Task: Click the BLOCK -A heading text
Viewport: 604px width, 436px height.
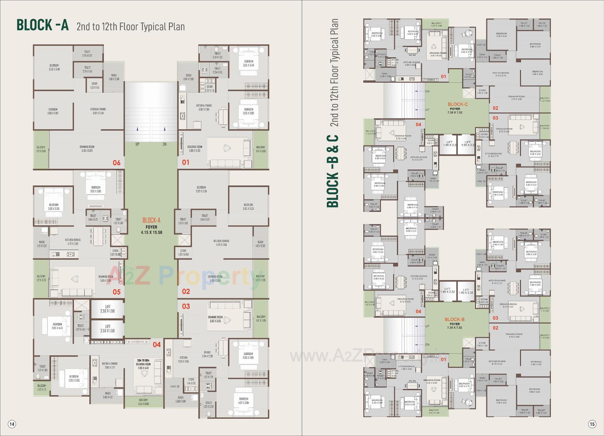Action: [42, 25]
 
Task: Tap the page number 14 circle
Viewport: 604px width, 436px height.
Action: [12, 424]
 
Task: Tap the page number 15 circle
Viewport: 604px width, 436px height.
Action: [592, 424]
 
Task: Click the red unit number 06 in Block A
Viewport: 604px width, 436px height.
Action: [116, 163]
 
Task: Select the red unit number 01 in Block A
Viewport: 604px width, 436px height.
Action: [186, 162]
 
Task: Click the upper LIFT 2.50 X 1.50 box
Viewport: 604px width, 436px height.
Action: [108, 309]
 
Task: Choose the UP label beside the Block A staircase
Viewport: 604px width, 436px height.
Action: [137, 144]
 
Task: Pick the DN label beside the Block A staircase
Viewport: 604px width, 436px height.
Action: [165, 144]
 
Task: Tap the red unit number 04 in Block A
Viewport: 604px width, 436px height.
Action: [157, 345]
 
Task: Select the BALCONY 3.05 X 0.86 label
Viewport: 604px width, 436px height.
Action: [143, 402]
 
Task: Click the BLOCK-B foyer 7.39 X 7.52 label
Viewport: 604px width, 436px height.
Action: [455, 323]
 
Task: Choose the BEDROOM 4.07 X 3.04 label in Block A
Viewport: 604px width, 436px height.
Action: [243, 401]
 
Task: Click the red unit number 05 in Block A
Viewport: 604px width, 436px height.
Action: [116, 292]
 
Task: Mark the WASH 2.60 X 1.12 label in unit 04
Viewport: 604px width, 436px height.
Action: [108, 395]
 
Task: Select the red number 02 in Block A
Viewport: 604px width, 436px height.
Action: [186, 291]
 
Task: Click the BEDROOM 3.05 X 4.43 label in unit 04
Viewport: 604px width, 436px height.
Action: [57, 326]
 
